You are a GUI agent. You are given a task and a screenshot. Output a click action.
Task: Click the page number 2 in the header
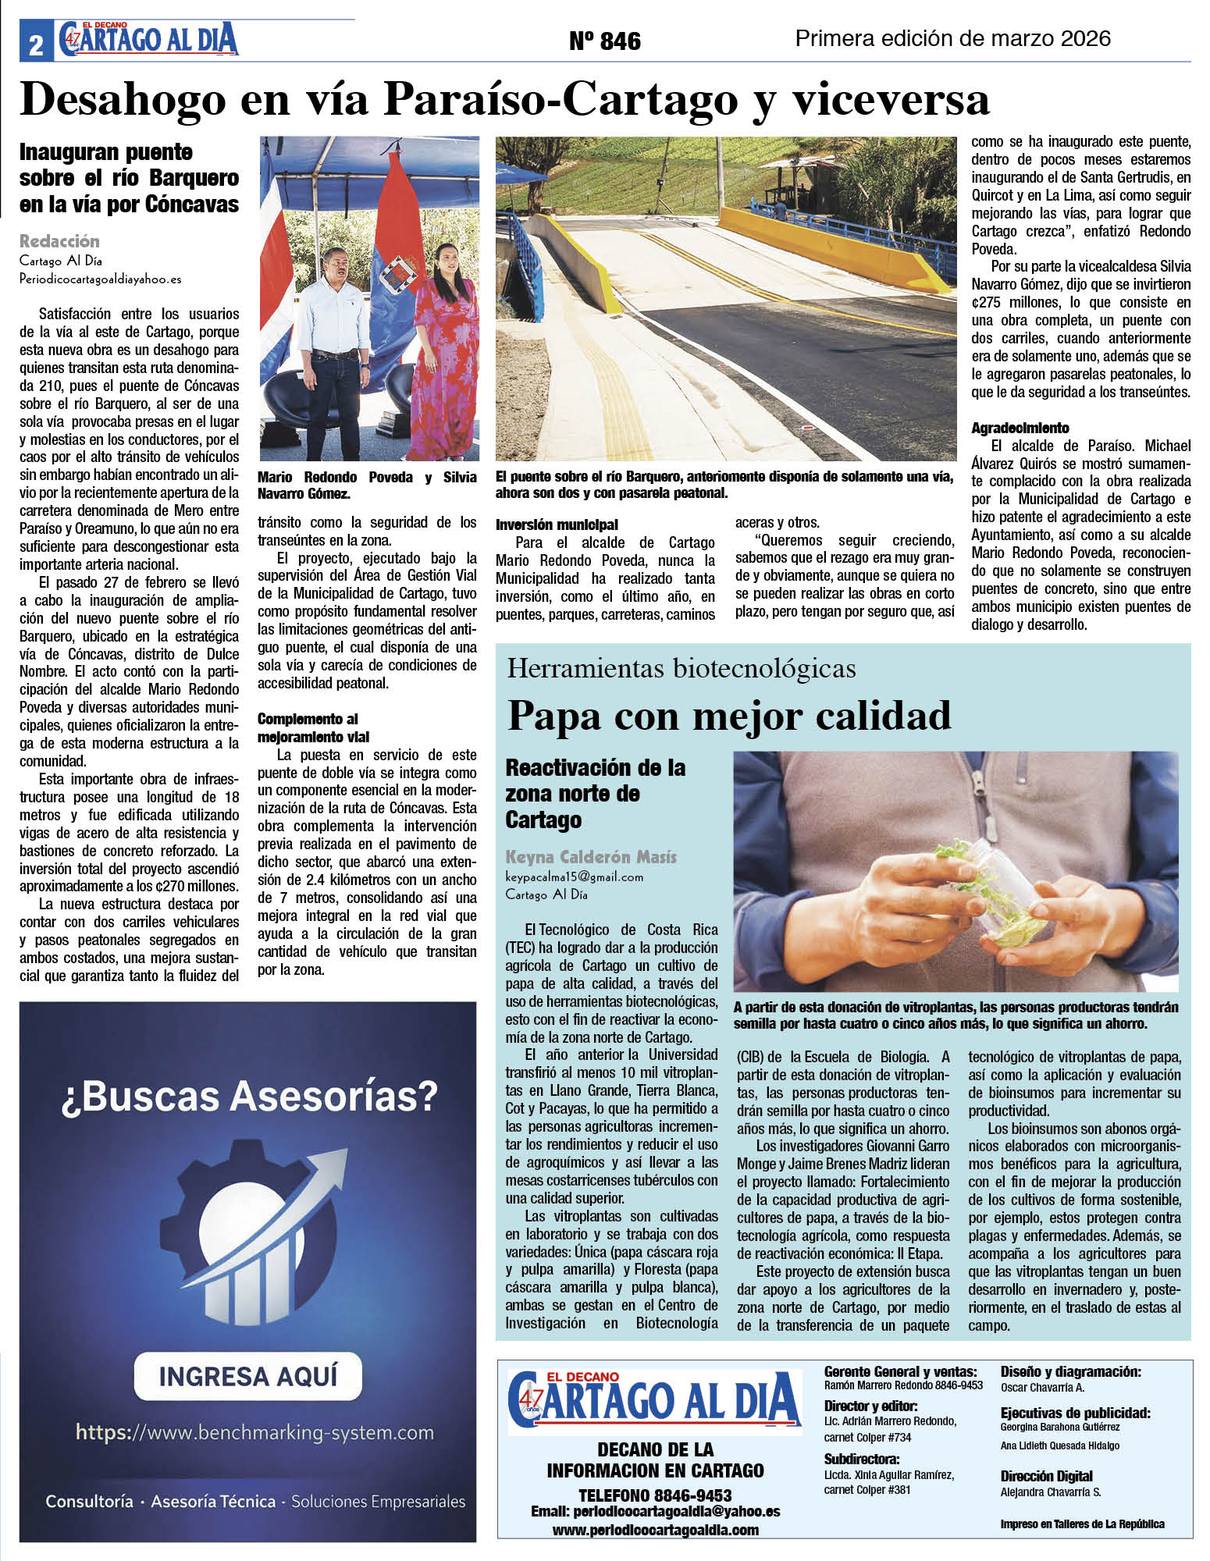pos(36,45)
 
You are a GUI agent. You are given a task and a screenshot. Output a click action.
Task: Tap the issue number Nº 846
pos(605,41)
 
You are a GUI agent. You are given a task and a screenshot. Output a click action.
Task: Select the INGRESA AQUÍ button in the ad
pos(248,1375)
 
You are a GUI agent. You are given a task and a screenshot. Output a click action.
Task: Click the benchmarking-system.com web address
pos(254,1432)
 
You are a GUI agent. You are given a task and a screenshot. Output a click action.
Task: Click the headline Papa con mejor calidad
pos(729,715)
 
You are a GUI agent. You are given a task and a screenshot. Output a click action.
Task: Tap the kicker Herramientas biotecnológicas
pos(681,669)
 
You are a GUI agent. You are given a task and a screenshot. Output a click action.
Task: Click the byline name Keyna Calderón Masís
pos(591,856)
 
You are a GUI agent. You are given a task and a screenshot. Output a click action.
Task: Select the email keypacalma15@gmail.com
pos(574,877)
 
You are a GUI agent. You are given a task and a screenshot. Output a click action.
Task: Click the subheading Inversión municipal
pos(557,524)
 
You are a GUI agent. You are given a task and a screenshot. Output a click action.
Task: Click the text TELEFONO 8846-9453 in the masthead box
pos(654,1495)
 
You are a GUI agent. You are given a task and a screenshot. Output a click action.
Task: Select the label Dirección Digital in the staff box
pos(1046,1476)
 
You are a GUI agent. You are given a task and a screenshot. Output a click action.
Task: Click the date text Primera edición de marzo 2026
pos(952,38)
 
